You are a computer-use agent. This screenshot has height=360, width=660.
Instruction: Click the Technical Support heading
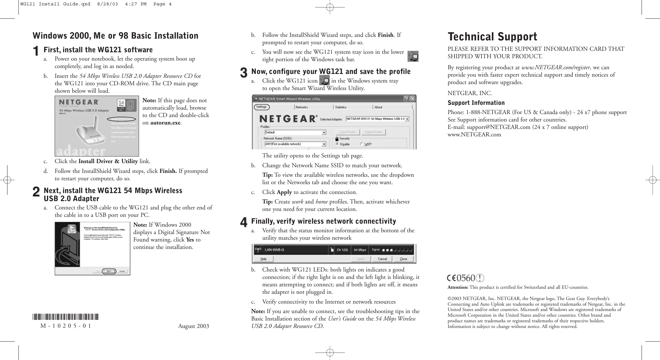(x=492, y=37)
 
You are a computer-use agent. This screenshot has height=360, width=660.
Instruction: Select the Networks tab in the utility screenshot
(x=302, y=107)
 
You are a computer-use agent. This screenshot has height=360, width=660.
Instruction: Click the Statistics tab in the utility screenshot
(x=341, y=107)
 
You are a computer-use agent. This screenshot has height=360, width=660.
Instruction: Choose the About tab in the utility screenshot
(x=378, y=107)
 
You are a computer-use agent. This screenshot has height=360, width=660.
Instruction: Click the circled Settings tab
(x=261, y=107)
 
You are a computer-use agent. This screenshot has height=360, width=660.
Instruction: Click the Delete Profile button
(x=374, y=132)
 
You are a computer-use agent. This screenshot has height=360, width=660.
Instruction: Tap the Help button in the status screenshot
(x=263, y=259)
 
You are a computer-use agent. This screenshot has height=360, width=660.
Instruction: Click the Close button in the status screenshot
(x=403, y=259)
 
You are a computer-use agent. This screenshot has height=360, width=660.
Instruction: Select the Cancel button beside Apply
(x=382, y=259)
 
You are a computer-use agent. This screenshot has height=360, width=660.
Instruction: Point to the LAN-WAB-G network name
(x=274, y=250)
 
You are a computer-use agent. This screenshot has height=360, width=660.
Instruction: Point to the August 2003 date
(x=193, y=326)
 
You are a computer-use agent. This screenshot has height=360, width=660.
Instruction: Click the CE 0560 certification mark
(x=465, y=278)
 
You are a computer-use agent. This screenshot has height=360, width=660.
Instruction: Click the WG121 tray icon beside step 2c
(x=413, y=56)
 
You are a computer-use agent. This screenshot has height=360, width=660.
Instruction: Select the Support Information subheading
(x=476, y=103)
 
